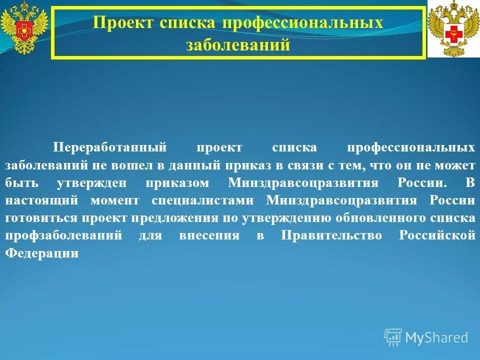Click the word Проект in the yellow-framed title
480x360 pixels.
123,22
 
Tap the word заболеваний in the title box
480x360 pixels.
238,45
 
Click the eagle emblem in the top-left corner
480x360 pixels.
24,28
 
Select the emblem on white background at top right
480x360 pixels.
453,29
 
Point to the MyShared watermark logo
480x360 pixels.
426,337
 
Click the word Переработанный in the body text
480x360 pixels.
109,147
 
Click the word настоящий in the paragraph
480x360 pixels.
41,200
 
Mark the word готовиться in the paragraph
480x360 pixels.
40,218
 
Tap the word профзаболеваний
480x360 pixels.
63,235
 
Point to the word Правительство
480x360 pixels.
331,235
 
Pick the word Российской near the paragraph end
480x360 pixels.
437,235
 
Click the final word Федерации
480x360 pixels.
42,253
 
